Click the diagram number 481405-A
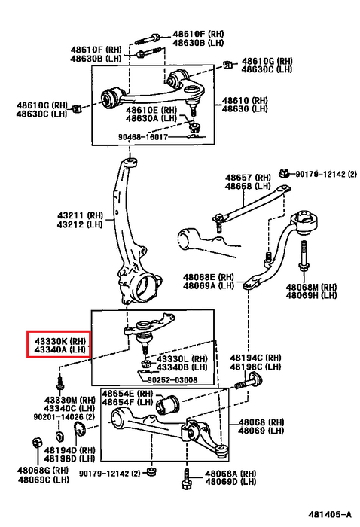pos(330,514)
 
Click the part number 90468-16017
pos(142,137)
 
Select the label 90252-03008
pos(172,379)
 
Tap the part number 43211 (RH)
pos(80,215)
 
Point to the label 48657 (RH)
pos(248,178)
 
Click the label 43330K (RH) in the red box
pos(60,341)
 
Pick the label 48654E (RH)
pos(127,394)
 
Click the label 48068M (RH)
pos(311,287)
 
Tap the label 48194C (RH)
pos(255,358)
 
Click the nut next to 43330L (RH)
pos(145,364)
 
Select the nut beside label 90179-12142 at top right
pos(284,173)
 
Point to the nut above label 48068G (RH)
pos(36,443)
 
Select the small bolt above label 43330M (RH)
pos(59,384)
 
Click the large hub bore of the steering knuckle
pos(145,288)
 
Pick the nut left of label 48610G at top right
pos(228,65)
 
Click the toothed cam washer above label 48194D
pos(80,430)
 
